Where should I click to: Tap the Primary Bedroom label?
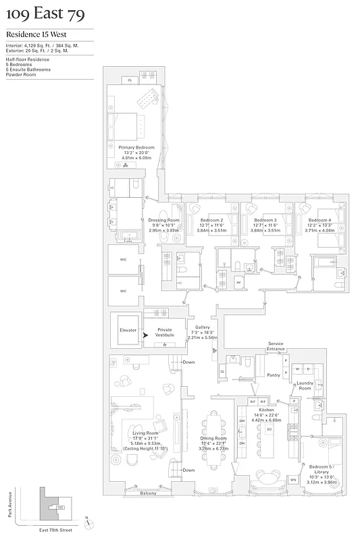click(x=136, y=147)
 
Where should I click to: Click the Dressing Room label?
click(x=163, y=220)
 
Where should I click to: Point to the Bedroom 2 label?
click(x=212, y=220)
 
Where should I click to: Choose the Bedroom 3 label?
click(x=265, y=220)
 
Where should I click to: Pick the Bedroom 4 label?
click(x=319, y=220)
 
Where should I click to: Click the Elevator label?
click(x=128, y=330)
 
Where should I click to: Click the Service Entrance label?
click(x=276, y=346)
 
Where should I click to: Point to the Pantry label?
click(x=273, y=375)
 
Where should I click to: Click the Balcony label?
click(x=147, y=493)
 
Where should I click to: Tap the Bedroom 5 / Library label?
click(x=320, y=469)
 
